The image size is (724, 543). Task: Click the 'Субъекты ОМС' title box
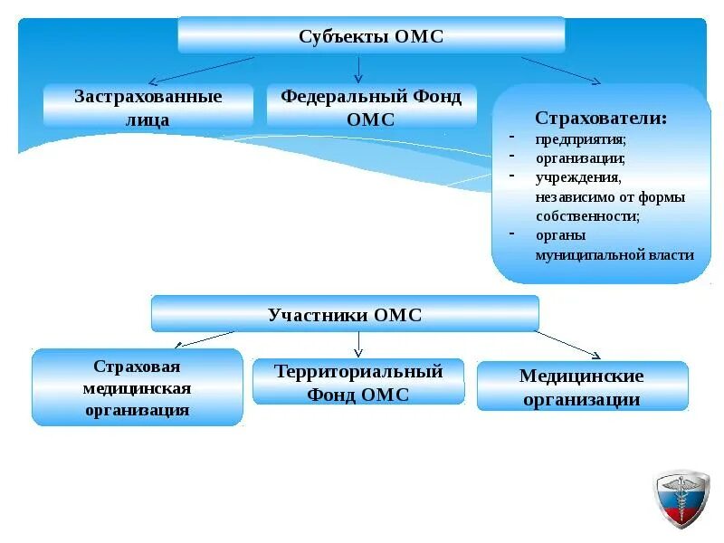371,36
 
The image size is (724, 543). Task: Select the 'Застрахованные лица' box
148,107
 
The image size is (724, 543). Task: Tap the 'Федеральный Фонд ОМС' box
371,107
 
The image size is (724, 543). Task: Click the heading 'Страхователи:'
601,119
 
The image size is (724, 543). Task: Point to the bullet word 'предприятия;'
580,139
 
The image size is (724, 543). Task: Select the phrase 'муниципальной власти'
614,255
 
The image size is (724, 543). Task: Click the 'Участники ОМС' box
345,314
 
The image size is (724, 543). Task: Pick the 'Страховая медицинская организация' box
138,387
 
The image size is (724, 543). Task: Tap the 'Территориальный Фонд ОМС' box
358,382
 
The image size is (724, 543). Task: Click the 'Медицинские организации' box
582,386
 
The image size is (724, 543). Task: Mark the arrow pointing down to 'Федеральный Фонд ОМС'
358,69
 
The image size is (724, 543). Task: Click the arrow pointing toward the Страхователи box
561,71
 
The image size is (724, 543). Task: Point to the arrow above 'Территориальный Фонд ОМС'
358,344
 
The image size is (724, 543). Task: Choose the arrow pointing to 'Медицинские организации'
568,344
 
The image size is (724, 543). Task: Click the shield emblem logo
682,499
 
